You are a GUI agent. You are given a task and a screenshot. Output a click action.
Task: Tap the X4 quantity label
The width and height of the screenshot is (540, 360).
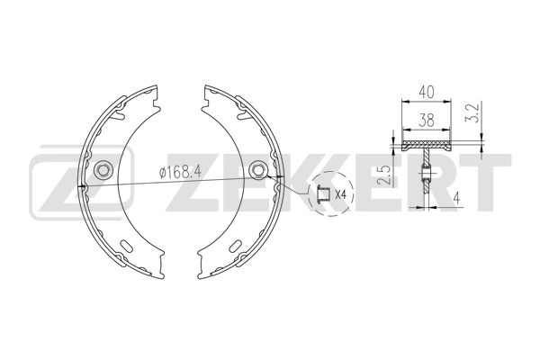[x=341, y=194]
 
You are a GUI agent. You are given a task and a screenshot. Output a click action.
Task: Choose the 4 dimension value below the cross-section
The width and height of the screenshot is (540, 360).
[x=456, y=198]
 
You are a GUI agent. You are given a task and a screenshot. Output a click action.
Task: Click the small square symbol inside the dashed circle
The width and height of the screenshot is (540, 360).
[x=320, y=193]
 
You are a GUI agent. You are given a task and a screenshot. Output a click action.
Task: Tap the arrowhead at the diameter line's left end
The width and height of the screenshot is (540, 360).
[x=84, y=185]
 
